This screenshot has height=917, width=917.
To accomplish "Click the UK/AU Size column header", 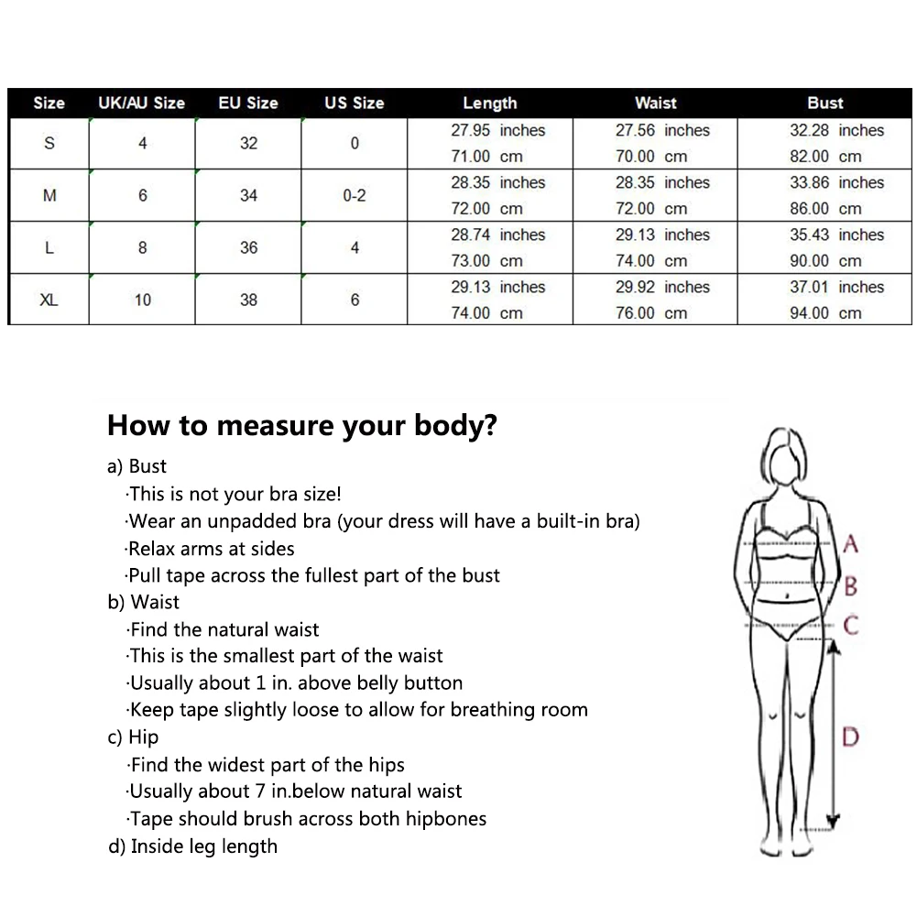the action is (x=141, y=103).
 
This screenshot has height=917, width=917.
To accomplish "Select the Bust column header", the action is (x=825, y=103).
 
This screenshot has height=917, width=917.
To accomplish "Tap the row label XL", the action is (x=49, y=300).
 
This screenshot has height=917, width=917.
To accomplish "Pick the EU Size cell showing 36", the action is (x=248, y=247).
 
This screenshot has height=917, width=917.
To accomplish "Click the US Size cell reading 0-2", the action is (x=355, y=195).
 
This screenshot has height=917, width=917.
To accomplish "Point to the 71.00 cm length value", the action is (x=486, y=156).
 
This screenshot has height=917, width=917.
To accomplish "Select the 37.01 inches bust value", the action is (x=837, y=287).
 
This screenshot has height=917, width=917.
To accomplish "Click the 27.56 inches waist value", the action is (x=662, y=130).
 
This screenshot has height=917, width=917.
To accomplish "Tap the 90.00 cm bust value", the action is (x=825, y=261).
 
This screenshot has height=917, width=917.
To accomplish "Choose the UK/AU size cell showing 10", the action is (x=143, y=300).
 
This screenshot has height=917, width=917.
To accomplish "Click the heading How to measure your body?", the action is (x=301, y=425).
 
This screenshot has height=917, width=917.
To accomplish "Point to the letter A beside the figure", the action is (x=851, y=544).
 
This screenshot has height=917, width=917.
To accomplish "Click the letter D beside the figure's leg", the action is (x=850, y=737).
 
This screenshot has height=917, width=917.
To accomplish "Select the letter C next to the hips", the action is (x=851, y=625).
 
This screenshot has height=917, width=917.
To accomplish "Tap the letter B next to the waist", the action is (x=851, y=585).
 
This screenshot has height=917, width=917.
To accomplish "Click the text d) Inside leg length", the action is (x=193, y=846).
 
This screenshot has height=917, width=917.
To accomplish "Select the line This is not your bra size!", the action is (x=234, y=494).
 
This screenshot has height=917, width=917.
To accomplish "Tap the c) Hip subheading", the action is (x=134, y=737).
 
